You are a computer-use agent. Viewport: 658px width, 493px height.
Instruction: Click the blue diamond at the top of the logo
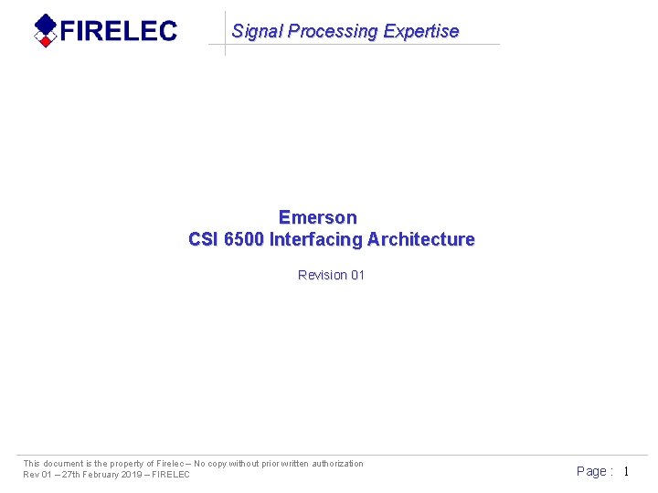click(x=44, y=25)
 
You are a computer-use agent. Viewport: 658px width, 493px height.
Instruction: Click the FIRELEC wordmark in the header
click(x=119, y=31)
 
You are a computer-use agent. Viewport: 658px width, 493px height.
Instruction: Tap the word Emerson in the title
click(x=318, y=217)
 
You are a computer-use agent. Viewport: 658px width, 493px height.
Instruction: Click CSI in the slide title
click(x=204, y=239)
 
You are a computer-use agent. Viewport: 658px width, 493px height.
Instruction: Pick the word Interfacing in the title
click(x=316, y=239)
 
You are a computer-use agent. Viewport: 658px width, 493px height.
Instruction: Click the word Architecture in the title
click(x=421, y=239)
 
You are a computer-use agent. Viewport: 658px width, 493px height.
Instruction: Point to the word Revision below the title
click(x=323, y=275)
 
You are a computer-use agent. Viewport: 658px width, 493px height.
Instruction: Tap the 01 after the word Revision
click(x=357, y=275)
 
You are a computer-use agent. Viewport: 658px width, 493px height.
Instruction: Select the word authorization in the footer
click(x=332, y=464)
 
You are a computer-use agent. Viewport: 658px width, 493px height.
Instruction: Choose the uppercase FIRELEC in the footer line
click(x=171, y=475)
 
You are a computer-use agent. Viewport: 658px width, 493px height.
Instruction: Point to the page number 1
click(x=626, y=471)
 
